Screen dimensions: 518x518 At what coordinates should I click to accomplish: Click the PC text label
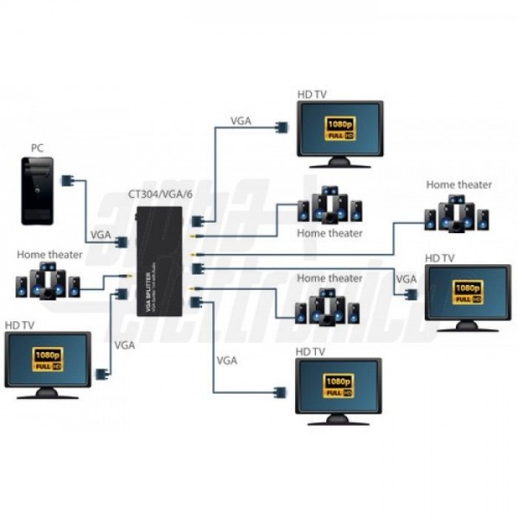tap(37, 148)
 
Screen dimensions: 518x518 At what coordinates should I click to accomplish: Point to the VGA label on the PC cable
tap(100, 235)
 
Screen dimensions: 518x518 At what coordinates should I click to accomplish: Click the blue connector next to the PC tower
tap(67, 181)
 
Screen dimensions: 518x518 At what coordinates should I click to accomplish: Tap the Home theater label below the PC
tap(50, 255)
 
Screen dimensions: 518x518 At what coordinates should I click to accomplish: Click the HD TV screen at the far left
tap(47, 361)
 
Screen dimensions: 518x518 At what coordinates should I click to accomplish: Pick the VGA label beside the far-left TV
tap(124, 344)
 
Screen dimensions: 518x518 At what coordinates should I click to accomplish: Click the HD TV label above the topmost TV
tap(311, 93)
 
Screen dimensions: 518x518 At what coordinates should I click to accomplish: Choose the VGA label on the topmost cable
tap(241, 121)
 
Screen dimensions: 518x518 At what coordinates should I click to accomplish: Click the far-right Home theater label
tap(458, 185)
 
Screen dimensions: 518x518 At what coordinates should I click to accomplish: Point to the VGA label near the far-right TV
tap(406, 278)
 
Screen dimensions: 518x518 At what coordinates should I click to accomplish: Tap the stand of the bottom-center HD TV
tap(338, 419)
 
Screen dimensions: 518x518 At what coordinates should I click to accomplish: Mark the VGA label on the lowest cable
tap(227, 359)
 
